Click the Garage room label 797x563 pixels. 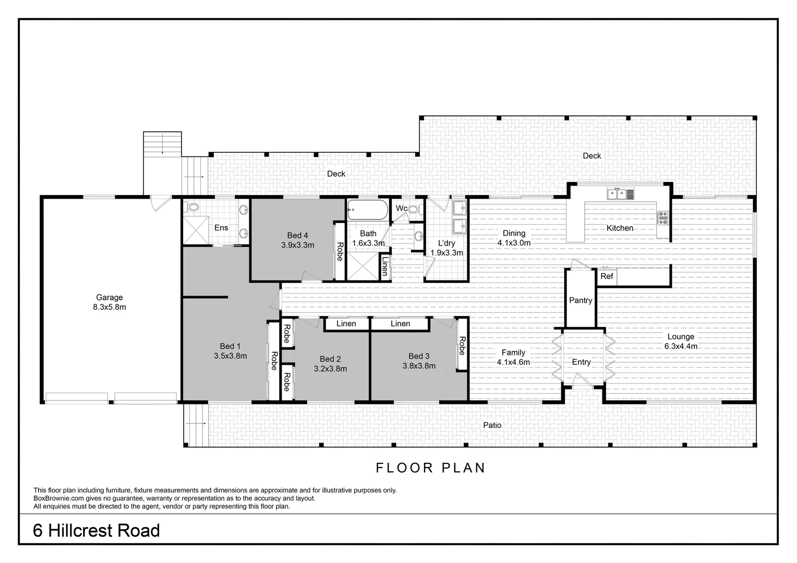point(109,298)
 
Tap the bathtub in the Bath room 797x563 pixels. point(368,211)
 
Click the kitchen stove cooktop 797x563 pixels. point(663,217)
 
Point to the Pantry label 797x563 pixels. point(581,300)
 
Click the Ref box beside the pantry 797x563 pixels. point(607,276)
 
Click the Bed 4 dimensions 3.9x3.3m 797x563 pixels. point(297,244)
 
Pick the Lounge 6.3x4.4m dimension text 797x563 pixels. point(680,346)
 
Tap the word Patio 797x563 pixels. point(492,425)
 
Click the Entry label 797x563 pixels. point(581,362)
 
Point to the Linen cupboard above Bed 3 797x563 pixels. point(400,324)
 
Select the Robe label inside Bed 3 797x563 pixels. point(462,346)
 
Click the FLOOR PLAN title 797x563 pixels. point(431,468)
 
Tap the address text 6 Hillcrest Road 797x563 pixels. point(96,531)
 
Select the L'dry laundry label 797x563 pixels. point(446,243)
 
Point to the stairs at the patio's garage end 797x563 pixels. point(196,426)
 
